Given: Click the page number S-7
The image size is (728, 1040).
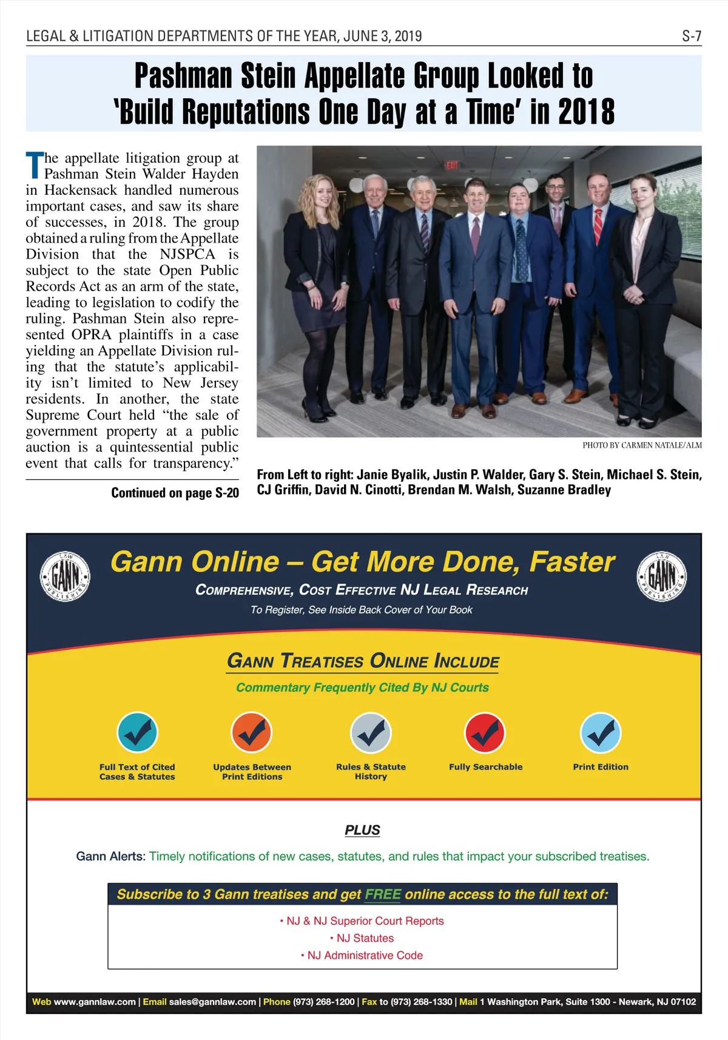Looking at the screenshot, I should [691, 36].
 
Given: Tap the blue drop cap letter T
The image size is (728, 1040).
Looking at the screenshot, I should [35, 166].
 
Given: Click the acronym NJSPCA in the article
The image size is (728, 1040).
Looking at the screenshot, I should [187, 254].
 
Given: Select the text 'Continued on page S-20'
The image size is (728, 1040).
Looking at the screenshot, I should [175, 493].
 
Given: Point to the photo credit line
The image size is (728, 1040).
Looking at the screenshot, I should [642, 445].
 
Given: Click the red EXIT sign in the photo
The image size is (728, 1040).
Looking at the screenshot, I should [451, 165].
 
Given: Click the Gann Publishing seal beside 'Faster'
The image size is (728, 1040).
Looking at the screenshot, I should [661, 576].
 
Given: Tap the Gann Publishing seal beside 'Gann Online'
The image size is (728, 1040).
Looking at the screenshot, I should [65, 576].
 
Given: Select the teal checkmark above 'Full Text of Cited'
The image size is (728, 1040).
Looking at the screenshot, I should [137, 732].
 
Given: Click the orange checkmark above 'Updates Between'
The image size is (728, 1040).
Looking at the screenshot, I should [252, 732].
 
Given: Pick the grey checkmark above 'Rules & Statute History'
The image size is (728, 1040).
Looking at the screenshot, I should [371, 732].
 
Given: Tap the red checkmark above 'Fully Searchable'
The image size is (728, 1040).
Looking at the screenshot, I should [485, 732].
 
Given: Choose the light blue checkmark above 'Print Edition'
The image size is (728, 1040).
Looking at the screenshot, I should [601, 732].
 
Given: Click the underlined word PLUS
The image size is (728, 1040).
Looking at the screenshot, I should [362, 830].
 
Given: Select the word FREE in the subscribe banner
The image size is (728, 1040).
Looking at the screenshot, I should [383, 894].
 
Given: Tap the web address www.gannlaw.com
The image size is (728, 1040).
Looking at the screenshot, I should [95, 1002].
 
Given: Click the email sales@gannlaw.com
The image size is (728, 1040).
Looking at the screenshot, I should [212, 1002].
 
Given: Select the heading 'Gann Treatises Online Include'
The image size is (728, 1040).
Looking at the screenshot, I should [363, 661].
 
